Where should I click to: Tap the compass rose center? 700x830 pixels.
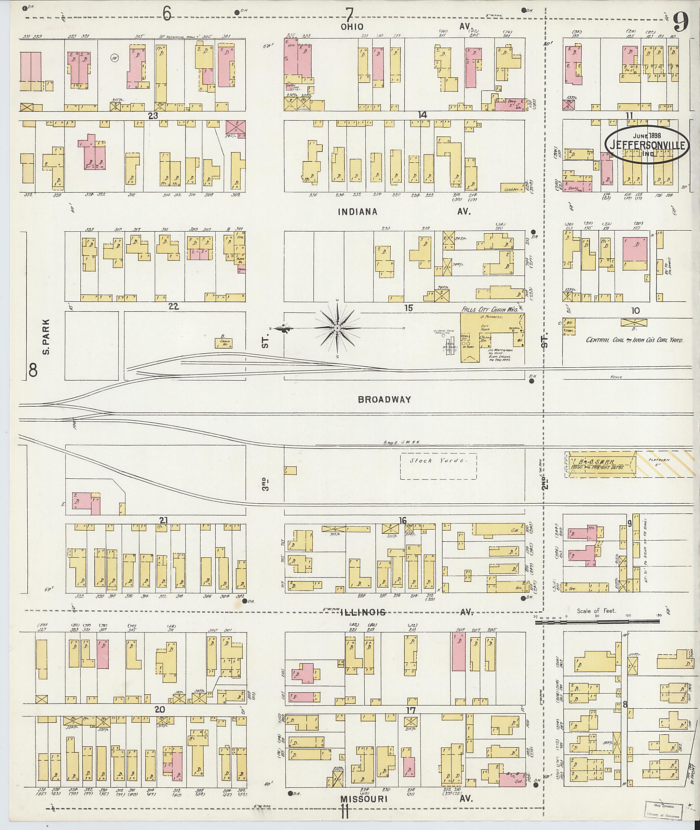337,328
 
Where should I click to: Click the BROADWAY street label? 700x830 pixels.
384,399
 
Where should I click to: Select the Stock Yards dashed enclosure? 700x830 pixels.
438,466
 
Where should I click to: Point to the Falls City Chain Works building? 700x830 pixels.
492,337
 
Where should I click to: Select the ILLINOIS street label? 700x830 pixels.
363,612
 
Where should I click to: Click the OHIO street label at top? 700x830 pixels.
352,27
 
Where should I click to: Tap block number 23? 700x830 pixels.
153,115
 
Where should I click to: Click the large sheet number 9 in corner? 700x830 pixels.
680,22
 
